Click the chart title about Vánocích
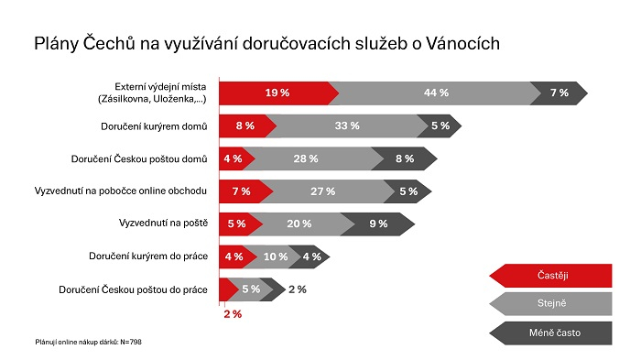tap(266, 43)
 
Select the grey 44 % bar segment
tap(435, 93)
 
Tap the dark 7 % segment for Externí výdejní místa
tap(560, 93)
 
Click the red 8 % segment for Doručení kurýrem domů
tap(244, 125)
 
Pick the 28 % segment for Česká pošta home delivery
tap(306, 158)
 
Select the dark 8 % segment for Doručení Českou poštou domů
tap(404, 158)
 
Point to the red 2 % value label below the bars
tap(233, 314)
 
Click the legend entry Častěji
tap(552, 275)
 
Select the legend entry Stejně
tap(552, 303)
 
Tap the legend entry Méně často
tap(552, 332)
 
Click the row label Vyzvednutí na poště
tap(163, 224)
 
